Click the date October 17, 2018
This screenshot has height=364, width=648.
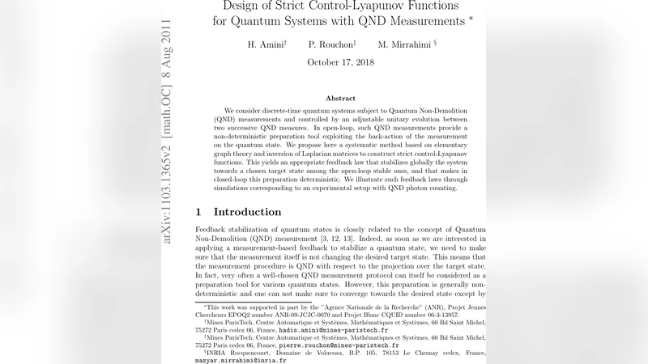[340, 62]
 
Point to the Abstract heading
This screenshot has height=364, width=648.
[340, 98]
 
